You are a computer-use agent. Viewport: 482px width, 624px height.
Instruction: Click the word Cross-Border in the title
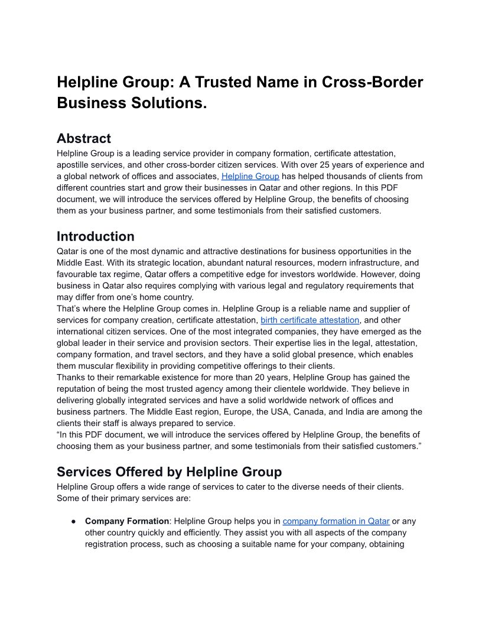tap(372, 82)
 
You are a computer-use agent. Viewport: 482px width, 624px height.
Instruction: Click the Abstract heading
tap(83, 139)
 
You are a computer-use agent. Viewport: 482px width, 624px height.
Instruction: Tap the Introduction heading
tap(95, 236)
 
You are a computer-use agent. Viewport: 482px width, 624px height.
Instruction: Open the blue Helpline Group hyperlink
tap(250, 176)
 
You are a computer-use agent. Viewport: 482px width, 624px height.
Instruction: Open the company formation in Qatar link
tap(336, 521)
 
